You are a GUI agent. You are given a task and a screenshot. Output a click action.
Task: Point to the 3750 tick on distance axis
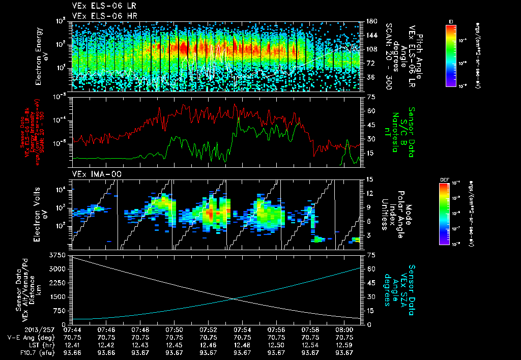point(60,254)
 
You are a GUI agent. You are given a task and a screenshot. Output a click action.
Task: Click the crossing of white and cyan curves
point(234,298)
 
